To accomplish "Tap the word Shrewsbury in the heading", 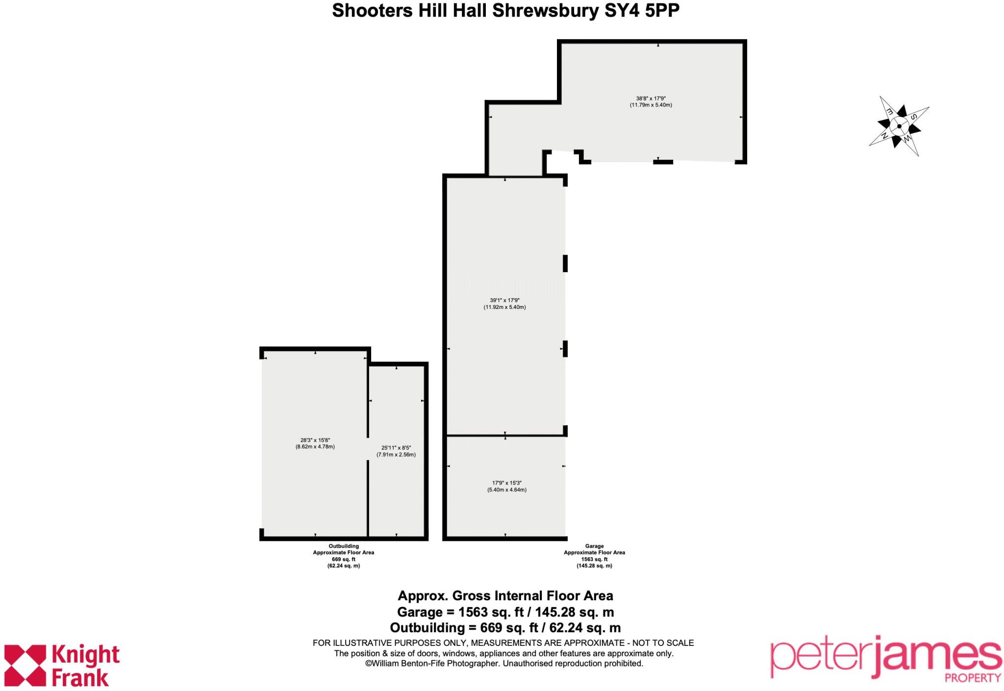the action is coord(546,11).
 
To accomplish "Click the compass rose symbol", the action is coord(899,126).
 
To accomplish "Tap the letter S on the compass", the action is coord(913,117).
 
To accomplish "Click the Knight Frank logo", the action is coord(62,665).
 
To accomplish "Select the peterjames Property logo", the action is coord(885,659).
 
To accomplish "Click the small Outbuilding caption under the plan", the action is coord(344,546).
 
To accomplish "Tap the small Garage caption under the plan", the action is coord(594,546).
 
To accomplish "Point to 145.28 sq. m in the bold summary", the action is coord(575,612).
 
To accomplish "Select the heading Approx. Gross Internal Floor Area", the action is coord(505,596).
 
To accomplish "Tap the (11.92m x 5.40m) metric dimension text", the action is coord(504,307).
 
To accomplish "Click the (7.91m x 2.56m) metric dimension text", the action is coord(396,455).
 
